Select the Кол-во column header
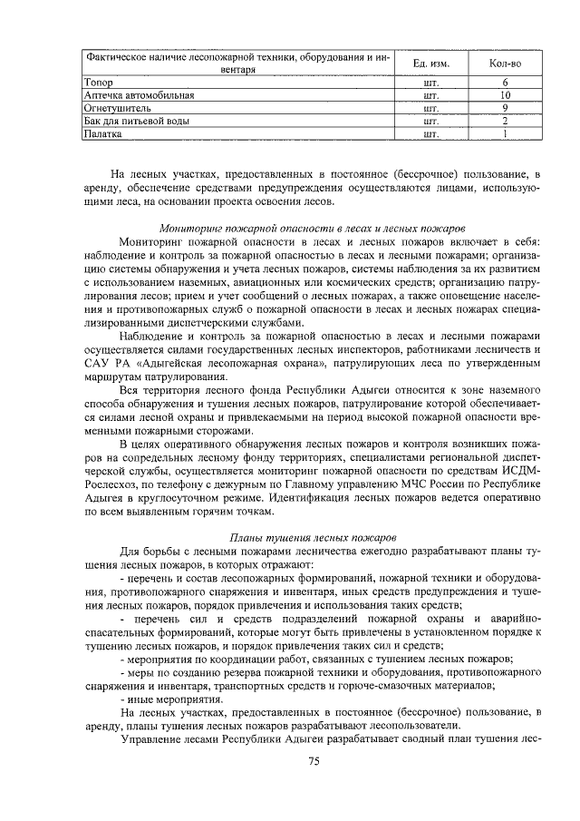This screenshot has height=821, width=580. pos(504,63)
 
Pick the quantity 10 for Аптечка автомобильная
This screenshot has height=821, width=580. pos(505,94)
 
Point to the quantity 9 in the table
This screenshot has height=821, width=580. pos(505,107)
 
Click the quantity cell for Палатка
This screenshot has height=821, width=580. pos(505,133)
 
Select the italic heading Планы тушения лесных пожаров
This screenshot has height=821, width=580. pos(313,537)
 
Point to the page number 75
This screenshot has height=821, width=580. pos(314,760)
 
